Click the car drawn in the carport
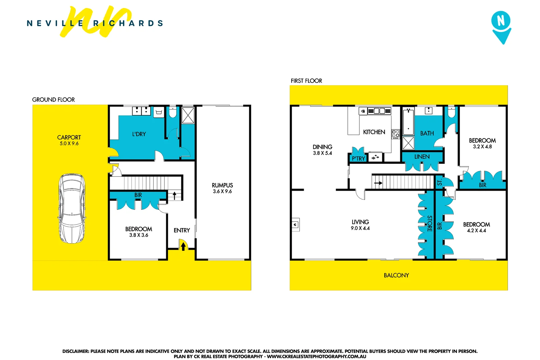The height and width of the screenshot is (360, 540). pyautogui.click(x=72, y=208)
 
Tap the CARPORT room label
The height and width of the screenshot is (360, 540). pyautogui.click(x=69, y=137)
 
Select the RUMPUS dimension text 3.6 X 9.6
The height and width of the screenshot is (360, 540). pyautogui.click(x=222, y=191)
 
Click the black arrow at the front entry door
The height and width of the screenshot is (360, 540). pyautogui.click(x=183, y=246)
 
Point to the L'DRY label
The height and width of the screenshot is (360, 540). pyautogui.click(x=139, y=134)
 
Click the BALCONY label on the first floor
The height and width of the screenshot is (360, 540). pyautogui.click(x=396, y=275)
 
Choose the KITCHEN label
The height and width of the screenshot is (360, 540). pyautogui.click(x=374, y=132)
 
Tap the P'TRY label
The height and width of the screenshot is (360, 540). pyautogui.click(x=358, y=158)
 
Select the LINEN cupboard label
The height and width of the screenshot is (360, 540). pyautogui.click(x=422, y=157)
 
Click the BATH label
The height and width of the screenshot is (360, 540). pyautogui.click(x=427, y=133)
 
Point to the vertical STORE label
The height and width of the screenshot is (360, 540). pyautogui.click(x=429, y=223)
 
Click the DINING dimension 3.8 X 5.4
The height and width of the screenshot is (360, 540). pyautogui.click(x=322, y=153)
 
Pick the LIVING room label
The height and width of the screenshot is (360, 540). pyautogui.click(x=360, y=222)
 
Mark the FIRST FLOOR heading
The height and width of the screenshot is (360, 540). pyautogui.click(x=306, y=81)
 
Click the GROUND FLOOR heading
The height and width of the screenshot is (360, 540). pyautogui.click(x=53, y=100)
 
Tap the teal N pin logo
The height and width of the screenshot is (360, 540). pyautogui.click(x=501, y=27)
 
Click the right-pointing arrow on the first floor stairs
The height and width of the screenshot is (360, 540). pyautogui.click(x=378, y=183)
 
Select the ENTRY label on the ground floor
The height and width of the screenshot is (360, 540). pyautogui.click(x=182, y=230)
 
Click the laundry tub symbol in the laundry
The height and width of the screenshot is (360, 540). pyautogui.click(x=159, y=112)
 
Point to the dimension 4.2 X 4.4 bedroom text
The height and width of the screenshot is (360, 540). pyautogui.click(x=476, y=231)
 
